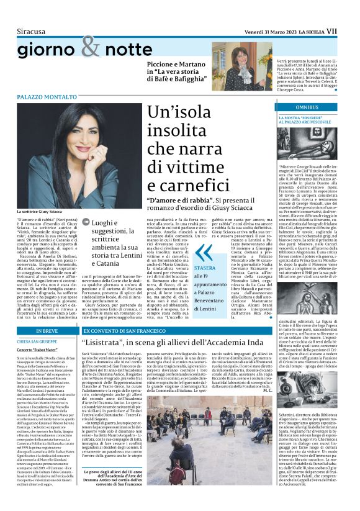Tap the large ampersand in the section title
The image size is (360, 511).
[x=89, y=47]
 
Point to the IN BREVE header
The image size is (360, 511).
[x=47, y=332]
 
